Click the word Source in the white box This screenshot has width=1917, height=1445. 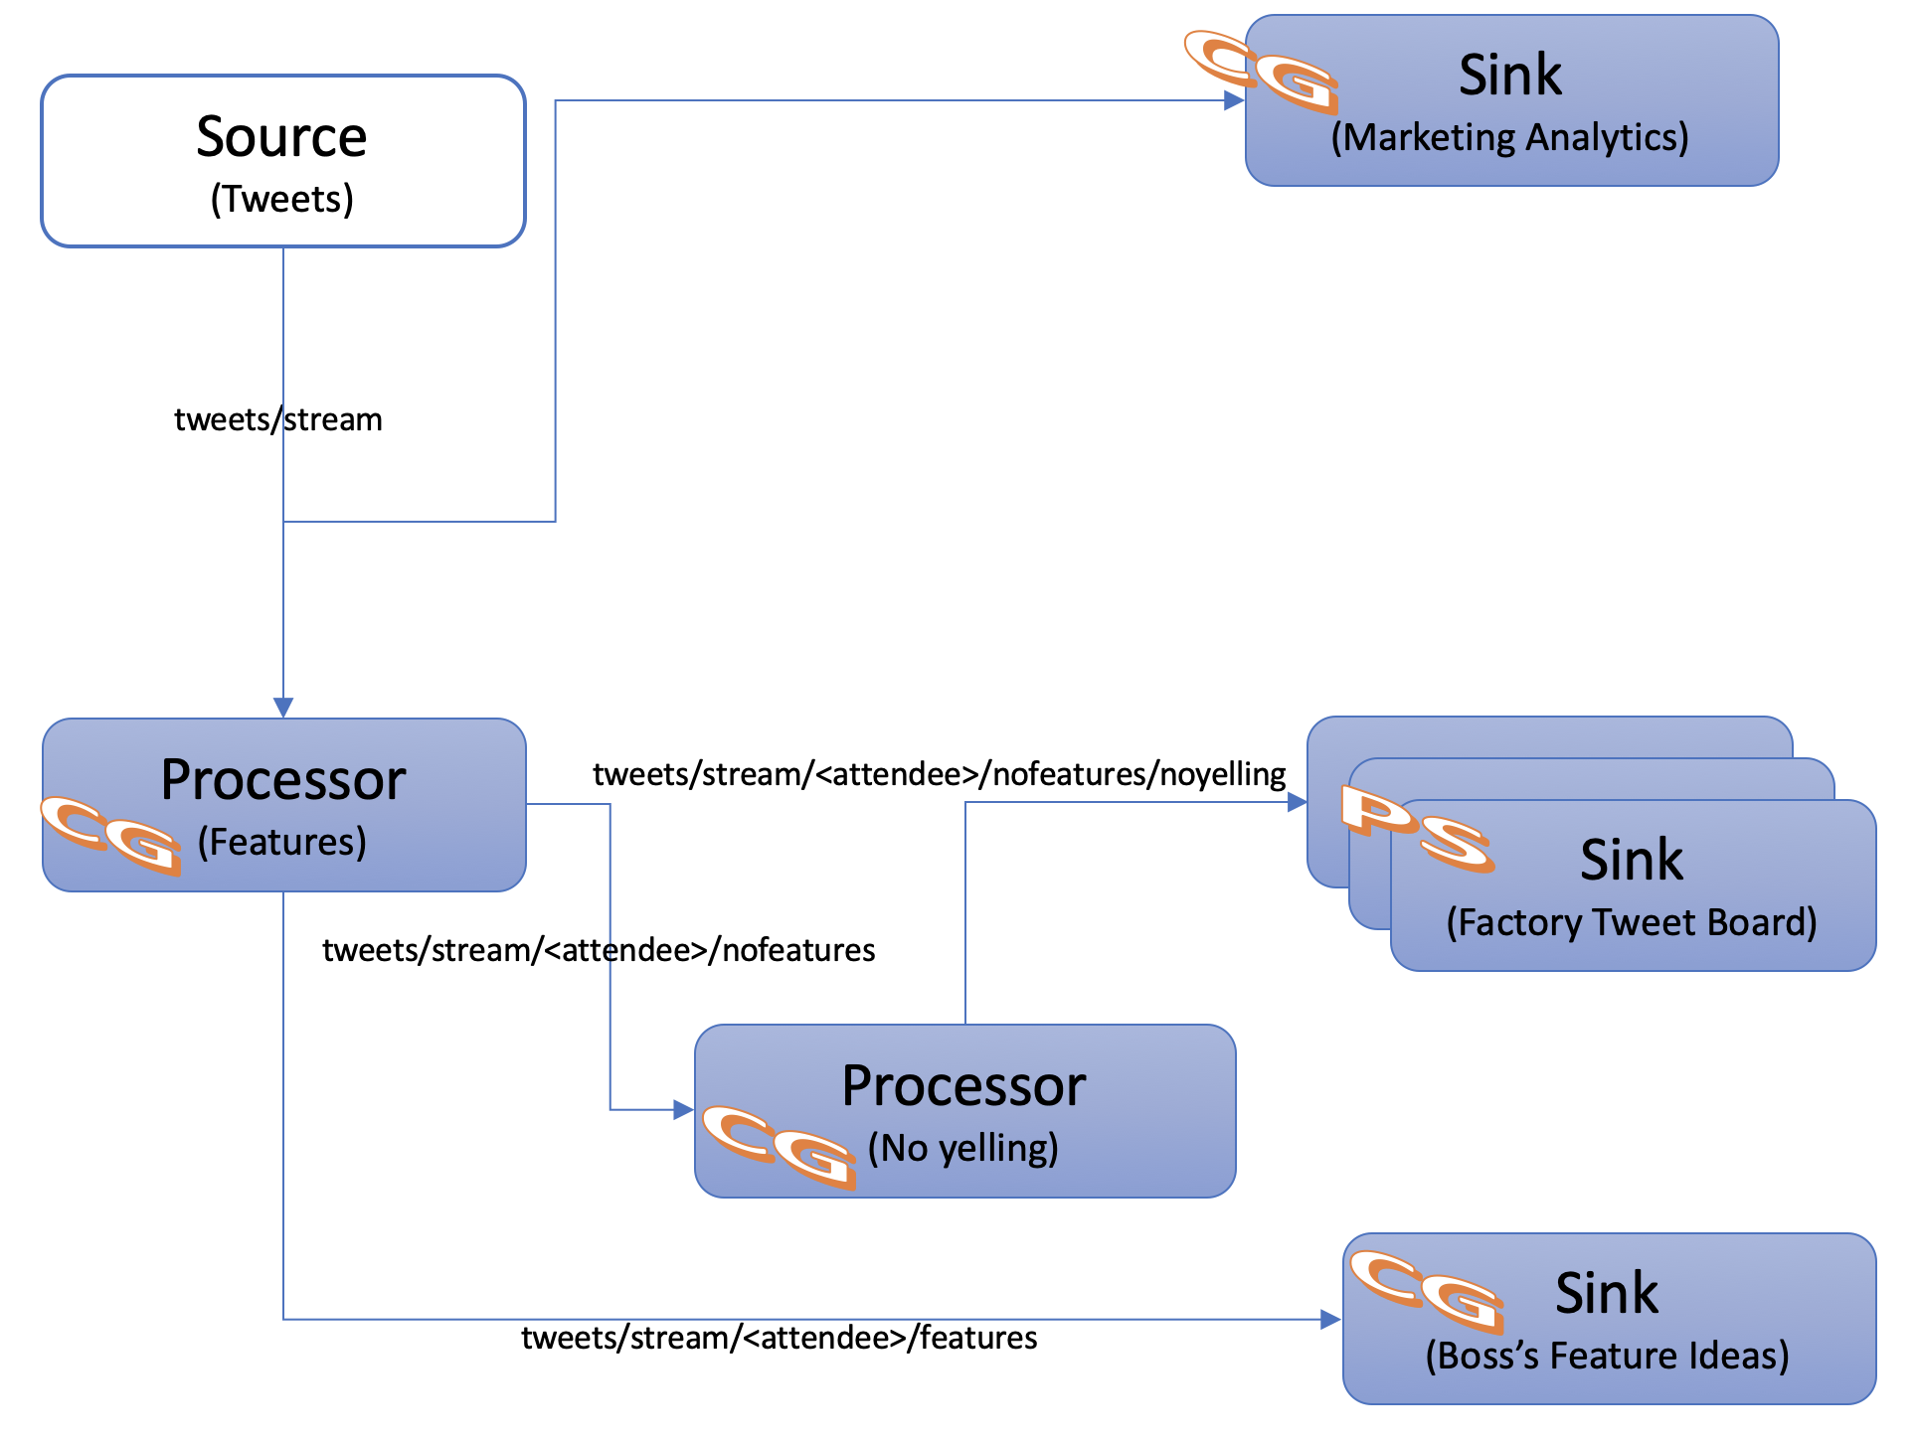pos(281,136)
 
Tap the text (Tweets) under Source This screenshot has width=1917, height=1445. pos(281,199)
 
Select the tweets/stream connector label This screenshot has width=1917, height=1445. pos(277,419)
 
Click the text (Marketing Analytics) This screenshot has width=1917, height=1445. pos(1509,137)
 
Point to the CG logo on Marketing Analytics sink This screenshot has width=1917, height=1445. pos(1261,72)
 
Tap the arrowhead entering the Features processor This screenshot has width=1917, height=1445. pos(283,707)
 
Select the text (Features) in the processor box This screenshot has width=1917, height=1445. pos(281,842)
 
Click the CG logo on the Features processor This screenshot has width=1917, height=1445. pos(111,835)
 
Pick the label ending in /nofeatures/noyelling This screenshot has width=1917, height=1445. pos(939,773)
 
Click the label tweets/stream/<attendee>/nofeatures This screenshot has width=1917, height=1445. pos(599,950)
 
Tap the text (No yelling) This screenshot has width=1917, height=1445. pos(962,1148)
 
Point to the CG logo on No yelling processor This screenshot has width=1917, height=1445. pos(779,1146)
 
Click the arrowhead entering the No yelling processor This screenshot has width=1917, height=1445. pos(683,1109)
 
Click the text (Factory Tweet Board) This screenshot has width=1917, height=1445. pos(1631,922)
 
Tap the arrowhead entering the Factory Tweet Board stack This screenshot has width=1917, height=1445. pos(1297,802)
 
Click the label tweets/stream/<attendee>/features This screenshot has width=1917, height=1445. pos(779,1338)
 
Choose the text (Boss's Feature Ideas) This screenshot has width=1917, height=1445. pos(1607,1356)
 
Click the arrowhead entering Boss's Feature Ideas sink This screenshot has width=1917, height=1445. pos(1330,1320)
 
